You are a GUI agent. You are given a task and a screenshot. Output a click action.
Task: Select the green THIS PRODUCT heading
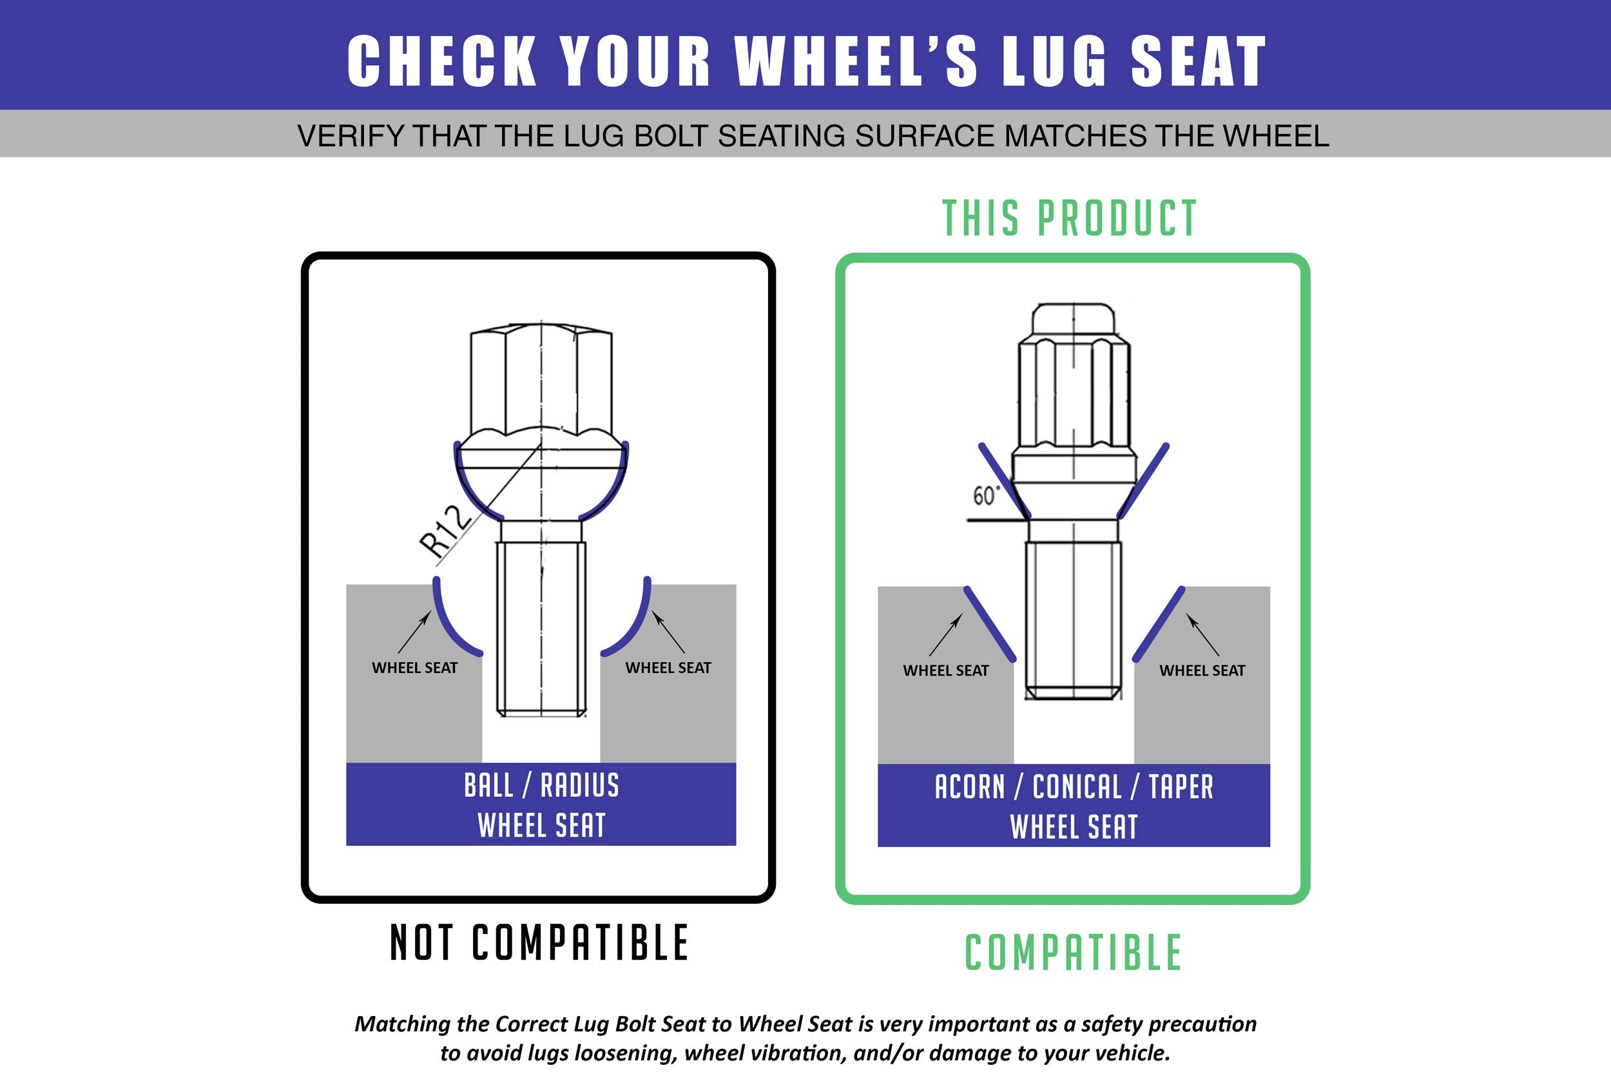pos(1070,219)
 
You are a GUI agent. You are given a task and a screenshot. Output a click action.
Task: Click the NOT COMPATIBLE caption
pos(539,942)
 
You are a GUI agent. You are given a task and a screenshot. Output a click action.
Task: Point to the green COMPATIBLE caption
pos(1073,953)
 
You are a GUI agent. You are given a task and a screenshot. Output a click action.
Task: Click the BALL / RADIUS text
pos(541,786)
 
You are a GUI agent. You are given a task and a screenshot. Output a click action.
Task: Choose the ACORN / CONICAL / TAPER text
pos(1074,787)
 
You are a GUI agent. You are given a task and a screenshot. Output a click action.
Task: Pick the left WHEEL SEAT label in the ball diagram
pos(414,668)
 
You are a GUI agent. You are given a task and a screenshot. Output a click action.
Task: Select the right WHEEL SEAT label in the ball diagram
pos(668,668)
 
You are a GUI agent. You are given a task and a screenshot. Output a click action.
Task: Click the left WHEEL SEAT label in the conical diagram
pos(945,670)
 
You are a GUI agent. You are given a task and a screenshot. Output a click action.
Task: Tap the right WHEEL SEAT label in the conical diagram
pos(1202,670)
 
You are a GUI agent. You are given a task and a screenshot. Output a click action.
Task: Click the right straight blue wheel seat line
pos(1159,625)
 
